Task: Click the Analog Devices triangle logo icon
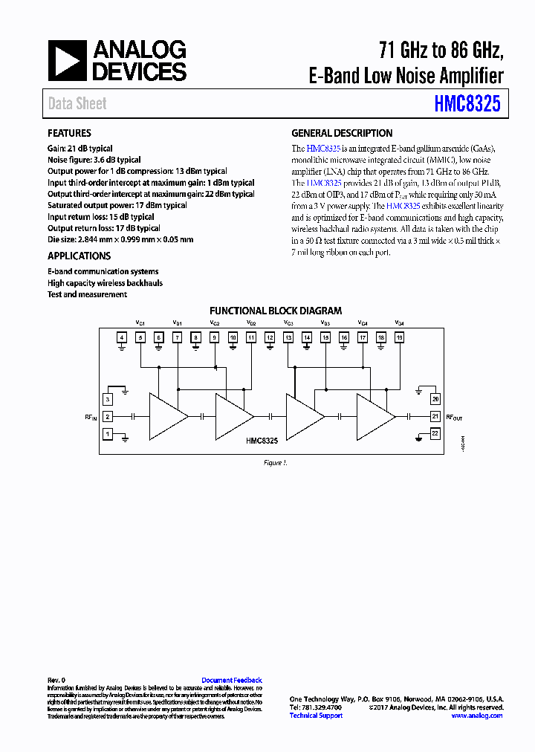tap(68, 61)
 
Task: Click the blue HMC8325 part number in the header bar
tap(467, 104)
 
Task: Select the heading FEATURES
tap(69, 133)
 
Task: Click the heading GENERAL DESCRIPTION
tap(342, 133)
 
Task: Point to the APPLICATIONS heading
tap(79, 256)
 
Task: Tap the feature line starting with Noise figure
tap(94, 160)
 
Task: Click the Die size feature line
tap(120, 239)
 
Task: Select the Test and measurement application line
tap(87, 294)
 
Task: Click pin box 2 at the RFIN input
tap(108, 417)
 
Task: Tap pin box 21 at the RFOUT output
tap(435, 416)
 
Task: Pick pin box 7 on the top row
tap(177, 338)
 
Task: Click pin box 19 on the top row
tap(400, 338)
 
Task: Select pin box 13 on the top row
tap(288, 338)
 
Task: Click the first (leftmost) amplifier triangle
tap(166, 417)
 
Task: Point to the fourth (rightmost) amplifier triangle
tap(374, 417)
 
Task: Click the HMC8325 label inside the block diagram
tap(262, 441)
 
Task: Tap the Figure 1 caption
tap(275, 463)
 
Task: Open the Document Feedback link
tap(232, 680)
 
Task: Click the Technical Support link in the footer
tap(316, 716)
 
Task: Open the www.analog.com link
tap(477, 716)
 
